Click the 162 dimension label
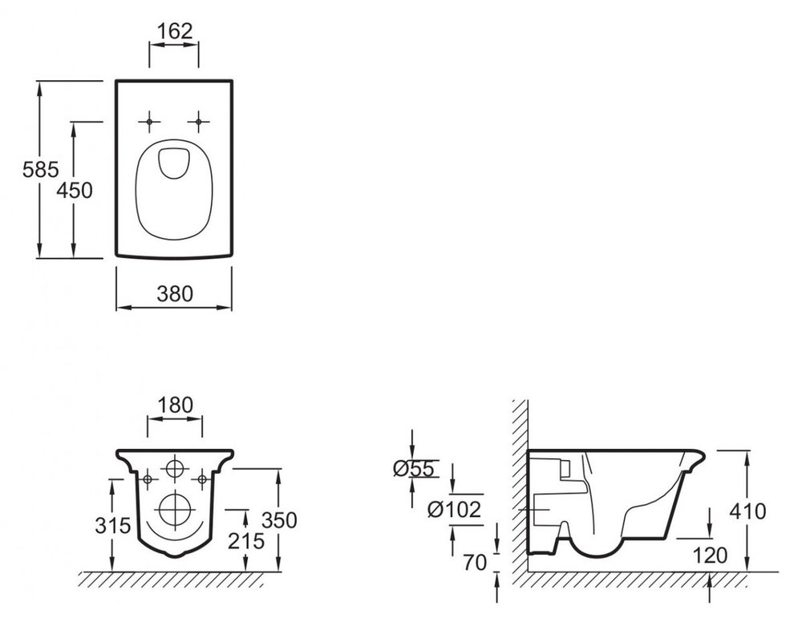pyautogui.click(x=174, y=31)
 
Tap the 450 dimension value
pyautogui.click(x=75, y=190)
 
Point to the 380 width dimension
pyautogui.click(x=174, y=293)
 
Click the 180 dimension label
pyautogui.click(x=175, y=406)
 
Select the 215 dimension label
pyautogui.click(x=245, y=540)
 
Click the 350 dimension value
pyautogui.click(x=280, y=520)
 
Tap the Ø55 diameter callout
pyautogui.click(x=414, y=470)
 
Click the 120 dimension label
pyautogui.click(x=711, y=554)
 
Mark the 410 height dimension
pyautogui.click(x=747, y=511)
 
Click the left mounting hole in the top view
pyautogui.click(x=149, y=121)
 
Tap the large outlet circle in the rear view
pyautogui.click(x=174, y=508)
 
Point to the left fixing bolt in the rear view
pyautogui.click(x=148, y=479)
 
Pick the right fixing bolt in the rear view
pyautogui.click(x=201, y=479)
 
